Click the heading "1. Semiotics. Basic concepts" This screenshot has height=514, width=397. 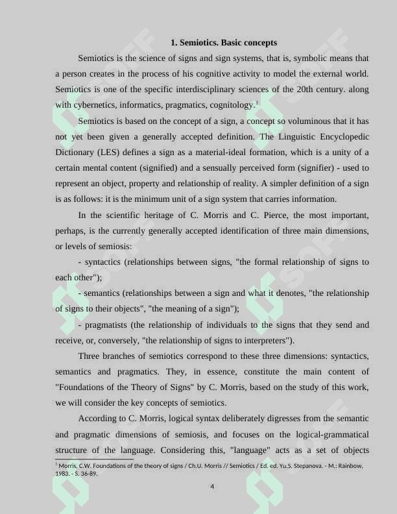[x=224, y=42]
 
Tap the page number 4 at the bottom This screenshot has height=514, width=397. [x=212, y=486]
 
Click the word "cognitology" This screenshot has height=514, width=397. [x=232, y=105]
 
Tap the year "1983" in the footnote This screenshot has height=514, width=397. [x=62, y=474]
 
